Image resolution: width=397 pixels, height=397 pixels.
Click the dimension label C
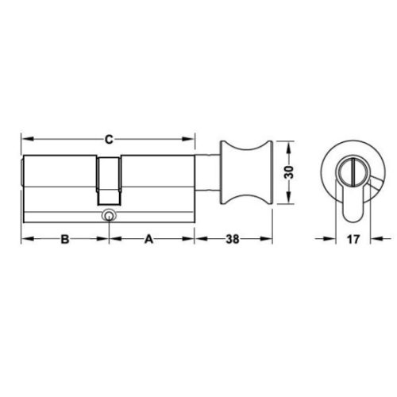click(108, 141)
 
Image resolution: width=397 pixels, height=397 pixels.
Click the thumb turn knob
click(246, 172)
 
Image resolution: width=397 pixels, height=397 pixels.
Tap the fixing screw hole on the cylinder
click(107, 215)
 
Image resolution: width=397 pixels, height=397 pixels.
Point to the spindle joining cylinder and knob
click(209, 172)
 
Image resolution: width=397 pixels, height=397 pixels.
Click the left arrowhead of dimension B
click(25, 239)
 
